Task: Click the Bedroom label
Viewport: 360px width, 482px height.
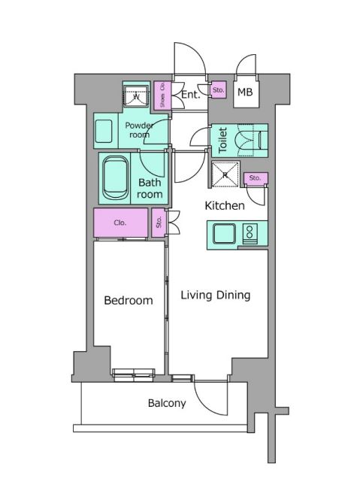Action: pos(129,300)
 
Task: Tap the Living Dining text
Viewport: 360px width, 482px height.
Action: pos(216,295)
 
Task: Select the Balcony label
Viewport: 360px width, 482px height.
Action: pos(167,403)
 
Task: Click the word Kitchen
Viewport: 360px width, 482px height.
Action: pos(225,205)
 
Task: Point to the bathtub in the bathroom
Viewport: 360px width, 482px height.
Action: pos(116,178)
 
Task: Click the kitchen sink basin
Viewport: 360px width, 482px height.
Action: pos(225,234)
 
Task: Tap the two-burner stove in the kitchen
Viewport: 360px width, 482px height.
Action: pos(250,234)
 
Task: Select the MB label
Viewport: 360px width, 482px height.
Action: pos(245,92)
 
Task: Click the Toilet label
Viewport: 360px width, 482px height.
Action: pos(222,140)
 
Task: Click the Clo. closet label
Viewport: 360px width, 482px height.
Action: pos(120,223)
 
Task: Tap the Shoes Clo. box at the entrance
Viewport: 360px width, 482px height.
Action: pos(162,95)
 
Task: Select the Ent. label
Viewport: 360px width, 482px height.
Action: pos(190,95)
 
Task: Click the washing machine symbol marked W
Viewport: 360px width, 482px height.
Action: pos(136,95)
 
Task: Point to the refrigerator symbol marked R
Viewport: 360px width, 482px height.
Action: pos(225,174)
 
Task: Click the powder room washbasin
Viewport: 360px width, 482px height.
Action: pos(104,132)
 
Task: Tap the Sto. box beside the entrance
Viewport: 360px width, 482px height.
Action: pos(219,90)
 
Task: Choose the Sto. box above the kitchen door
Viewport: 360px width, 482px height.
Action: pos(256,178)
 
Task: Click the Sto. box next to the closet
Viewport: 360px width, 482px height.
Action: pos(159,223)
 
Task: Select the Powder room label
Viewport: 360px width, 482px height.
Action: pos(139,130)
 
